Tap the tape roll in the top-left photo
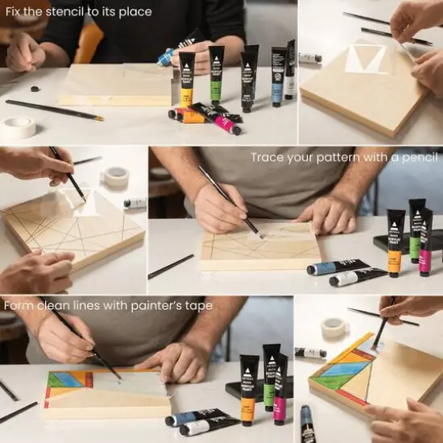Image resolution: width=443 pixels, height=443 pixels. (19, 127)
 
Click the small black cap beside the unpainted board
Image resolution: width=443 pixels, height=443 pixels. (34, 89)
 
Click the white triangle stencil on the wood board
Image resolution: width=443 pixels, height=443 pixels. (366, 60)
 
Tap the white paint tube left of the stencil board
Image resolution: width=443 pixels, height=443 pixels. (310, 58)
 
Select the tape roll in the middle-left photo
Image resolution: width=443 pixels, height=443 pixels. (117, 176)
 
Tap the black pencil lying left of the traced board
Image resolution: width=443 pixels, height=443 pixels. (171, 267)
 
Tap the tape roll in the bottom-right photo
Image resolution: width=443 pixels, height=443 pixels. (333, 328)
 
